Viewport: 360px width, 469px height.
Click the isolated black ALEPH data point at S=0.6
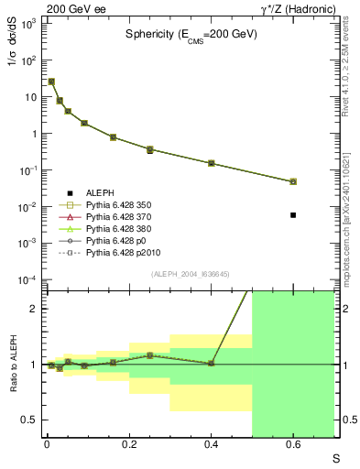click(x=293, y=214)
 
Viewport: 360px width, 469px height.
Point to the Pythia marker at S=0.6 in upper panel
click(x=293, y=181)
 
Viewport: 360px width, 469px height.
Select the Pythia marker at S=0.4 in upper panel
click(x=212, y=163)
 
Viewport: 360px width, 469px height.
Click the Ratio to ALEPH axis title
click(x=13, y=365)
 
